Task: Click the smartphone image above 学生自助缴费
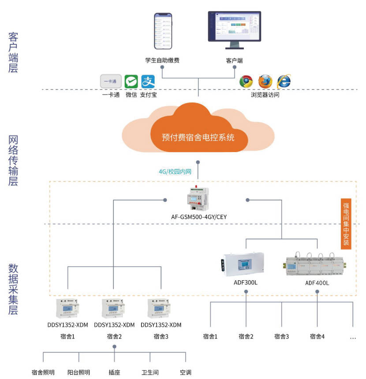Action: [163, 31]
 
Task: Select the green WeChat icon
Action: [131, 82]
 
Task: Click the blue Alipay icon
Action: [148, 82]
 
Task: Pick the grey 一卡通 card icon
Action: [111, 82]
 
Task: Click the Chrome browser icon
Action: [246, 82]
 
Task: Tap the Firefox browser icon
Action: [265, 82]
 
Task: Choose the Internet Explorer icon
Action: [284, 81]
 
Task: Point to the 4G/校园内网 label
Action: [175, 172]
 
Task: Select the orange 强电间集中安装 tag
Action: [346, 224]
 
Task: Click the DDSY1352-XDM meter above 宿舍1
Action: [67, 308]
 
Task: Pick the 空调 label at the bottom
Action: [186, 372]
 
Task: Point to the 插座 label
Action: [114, 372]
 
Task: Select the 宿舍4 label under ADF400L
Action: [317, 337]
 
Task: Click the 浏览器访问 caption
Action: [265, 94]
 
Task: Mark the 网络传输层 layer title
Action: [13, 161]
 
